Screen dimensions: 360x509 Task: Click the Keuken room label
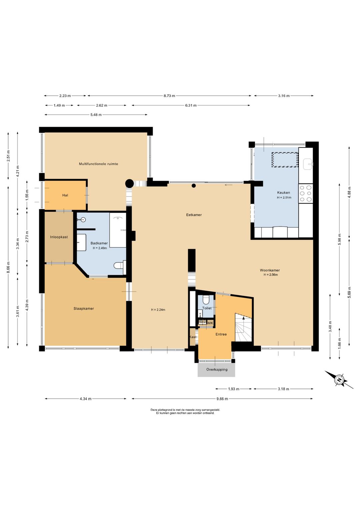click(x=284, y=192)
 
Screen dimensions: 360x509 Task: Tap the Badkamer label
click(x=99, y=243)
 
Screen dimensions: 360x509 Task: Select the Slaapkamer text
click(x=84, y=309)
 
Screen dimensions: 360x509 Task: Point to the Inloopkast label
click(x=59, y=237)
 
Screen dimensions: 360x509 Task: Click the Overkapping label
click(x=217, y=370)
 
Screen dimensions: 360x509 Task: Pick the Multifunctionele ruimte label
click(x=99, y=164)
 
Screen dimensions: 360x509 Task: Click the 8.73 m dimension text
click(x=169, y=96)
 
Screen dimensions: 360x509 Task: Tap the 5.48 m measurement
click(x=96, y=115)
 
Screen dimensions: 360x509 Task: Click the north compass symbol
click(x=339, y=380)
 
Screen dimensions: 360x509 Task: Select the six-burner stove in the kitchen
click(x=306, y=193)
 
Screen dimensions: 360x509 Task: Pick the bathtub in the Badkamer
click(x=118, y=230)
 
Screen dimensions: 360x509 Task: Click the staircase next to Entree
click(x=243, y=328)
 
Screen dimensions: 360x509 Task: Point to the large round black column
click(x=129, y=183)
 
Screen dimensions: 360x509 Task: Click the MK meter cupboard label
click(x=211, y=323)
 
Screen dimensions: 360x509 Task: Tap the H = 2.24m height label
click(x=158, y=310)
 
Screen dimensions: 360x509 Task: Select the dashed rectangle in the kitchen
click(x=285, y=160)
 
